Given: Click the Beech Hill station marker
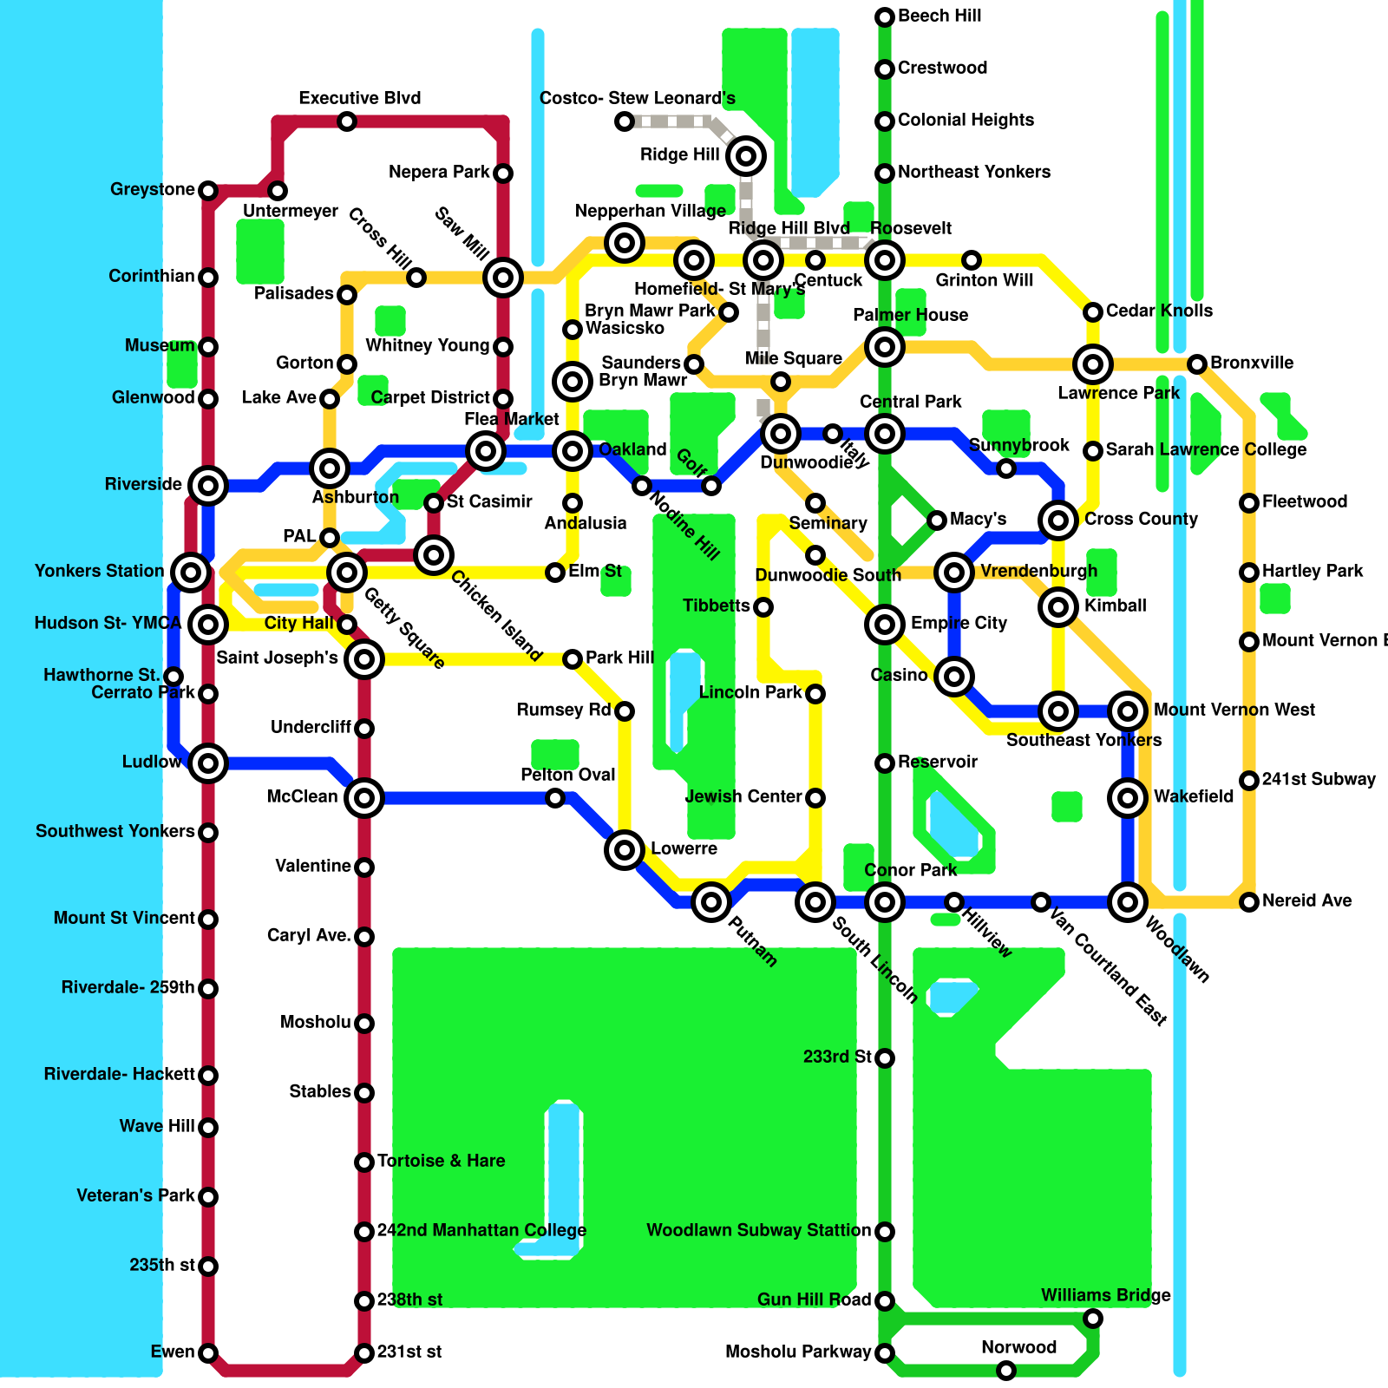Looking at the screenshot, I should point(885,17).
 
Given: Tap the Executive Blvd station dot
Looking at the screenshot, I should point(347,121).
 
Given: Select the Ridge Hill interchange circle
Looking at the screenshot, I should point(746,156).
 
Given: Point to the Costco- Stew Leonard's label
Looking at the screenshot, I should point(637,98).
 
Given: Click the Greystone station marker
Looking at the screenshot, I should point(208,191).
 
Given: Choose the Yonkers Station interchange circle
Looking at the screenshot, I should point(191,573).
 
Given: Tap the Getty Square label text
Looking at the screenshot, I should point(404,629).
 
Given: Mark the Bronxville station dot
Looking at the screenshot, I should point(1197,364).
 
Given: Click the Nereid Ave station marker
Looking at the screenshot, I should point(1249,902).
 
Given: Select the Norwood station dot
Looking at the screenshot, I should point(1006,1371).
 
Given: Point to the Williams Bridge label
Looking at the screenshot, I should point(1106,1295).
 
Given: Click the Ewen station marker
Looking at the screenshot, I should point(208,1353).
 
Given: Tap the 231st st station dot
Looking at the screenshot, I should point(364,1353).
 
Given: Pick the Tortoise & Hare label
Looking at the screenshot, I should point(441,1161).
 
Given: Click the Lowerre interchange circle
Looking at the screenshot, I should point(625,850).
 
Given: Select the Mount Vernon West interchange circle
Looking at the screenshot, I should point(1128,711).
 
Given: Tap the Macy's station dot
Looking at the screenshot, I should point(937,520).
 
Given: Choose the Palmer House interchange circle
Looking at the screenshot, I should point(885,347).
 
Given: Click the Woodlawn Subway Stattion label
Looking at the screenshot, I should point(758,1230).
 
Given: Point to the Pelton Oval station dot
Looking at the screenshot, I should point(555,798).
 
